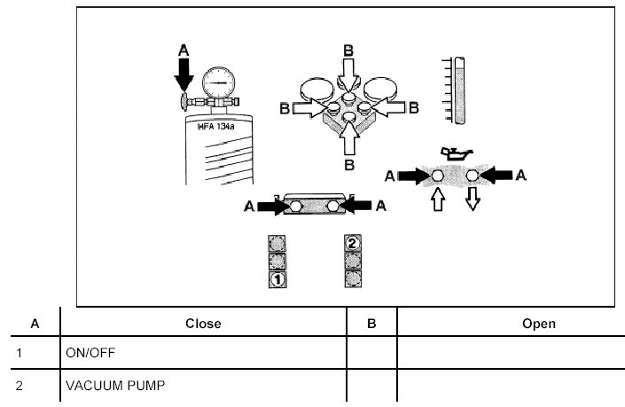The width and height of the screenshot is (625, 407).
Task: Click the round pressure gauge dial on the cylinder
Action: (x=219, y=87)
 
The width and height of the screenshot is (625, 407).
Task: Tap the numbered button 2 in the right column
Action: (x=352, y=242)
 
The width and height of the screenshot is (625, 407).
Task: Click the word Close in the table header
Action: (x=203, y=324)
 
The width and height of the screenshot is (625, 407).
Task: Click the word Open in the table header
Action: (x=539, y=324)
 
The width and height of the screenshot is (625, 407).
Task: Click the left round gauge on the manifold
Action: (x=316, y=90)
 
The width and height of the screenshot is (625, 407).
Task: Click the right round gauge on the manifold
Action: (x=383, y=90)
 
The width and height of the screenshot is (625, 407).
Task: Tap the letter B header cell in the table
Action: (x=371, y=324)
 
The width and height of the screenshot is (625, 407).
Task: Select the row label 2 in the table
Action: (x=35, y=387)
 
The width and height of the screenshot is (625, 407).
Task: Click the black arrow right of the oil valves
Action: (x=497, y=176)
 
